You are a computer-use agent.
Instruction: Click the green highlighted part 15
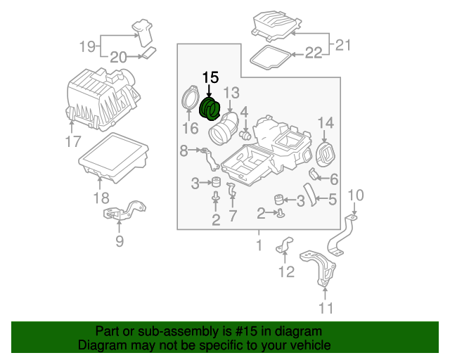coord(210,110)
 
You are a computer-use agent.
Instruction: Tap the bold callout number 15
coord(211,77)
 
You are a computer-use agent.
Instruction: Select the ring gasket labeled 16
coord(190,97)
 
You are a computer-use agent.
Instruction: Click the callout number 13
coord(231,93)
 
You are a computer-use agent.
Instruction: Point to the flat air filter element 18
coord(114,158)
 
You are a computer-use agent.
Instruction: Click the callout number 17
coord(73,141)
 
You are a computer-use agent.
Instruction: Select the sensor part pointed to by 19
coord(143,32)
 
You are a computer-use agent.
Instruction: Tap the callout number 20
coord(118,58)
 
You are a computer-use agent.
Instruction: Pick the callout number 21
coord(342,45)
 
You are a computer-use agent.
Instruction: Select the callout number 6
coord(334,179)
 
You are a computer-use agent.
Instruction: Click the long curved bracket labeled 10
coord(340,236)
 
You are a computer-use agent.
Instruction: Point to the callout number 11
coord(326,309)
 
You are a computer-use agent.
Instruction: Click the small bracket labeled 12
coord(284,245)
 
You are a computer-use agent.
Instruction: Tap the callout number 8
coord(184,150)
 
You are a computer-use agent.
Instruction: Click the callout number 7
coord(232,216)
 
